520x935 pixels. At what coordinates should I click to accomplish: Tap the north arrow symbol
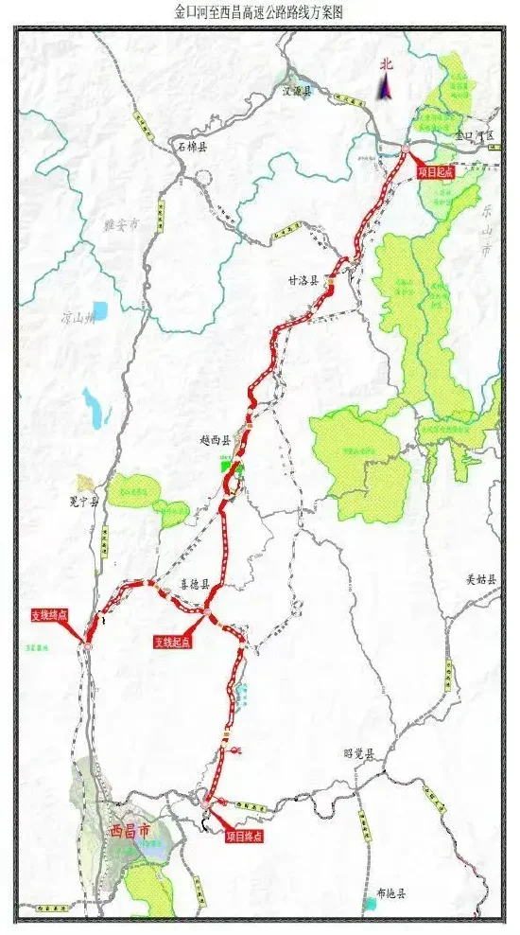pos(385,82)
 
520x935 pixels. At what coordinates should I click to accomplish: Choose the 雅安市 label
pos(121,225)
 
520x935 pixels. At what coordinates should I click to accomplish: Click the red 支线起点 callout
pos(173,642)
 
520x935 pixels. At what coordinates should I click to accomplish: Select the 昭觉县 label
pos(359,754)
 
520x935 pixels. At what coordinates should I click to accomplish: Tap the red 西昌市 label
pos(130,831)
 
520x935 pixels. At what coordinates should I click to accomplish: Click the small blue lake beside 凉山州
pos(100,310)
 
